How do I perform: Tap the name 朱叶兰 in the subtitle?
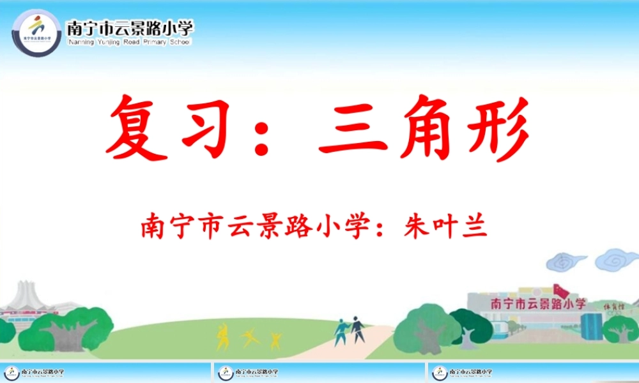(x=445, y=227)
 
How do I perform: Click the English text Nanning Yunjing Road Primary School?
(x=128, y=42)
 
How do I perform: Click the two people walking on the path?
(x=350, y=330)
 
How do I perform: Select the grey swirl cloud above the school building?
(x=566, y=260)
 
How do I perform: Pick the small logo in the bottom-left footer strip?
(x=12, y=372)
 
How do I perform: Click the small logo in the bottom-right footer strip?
(x=440, y=372)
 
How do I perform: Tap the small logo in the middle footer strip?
(x=225, y=372)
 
